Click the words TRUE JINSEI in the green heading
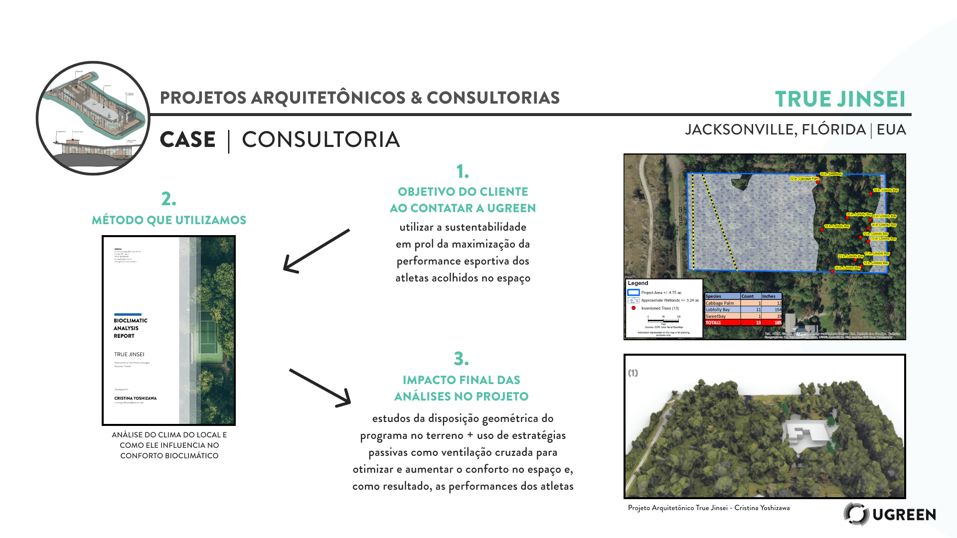(x=840, y=99)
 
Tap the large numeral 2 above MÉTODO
(x=168, y=199)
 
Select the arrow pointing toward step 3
(x=320, y=388)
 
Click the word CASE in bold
(x=187, y=139)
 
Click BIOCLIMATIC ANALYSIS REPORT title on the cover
(x=131, y=328)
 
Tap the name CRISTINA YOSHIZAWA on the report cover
(x=135, y=398)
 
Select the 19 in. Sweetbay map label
(x=831, y=174)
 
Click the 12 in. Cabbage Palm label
(x=804, y=178)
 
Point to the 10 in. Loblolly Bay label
(x=837, y=226)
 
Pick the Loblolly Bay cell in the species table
(x=718, y=310)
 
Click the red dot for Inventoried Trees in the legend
(x=634, y=308)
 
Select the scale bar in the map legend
(x=663, y=320)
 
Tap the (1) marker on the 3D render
(x=633, y=373)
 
